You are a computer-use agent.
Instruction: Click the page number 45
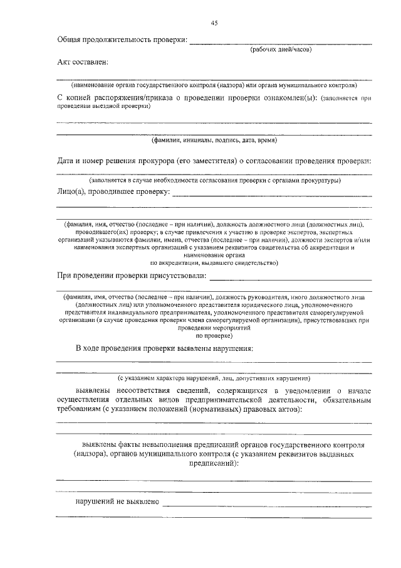pyautogui.click(x=214, y=23)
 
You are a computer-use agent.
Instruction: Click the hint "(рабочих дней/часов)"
pyautogui.click(x=281, y=48)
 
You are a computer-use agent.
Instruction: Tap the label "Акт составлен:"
pyautogui.click(x=82, y=62)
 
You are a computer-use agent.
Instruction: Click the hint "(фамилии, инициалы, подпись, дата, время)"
pyautogui.click(x=214, y=140)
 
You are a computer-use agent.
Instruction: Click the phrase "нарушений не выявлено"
pyautogui.click(x=117, y=501)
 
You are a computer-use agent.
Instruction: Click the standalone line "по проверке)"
pyautogui.click(x=214, y=336)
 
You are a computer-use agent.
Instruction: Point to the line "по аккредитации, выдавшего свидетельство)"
pyautogui.click(x=214, y=263)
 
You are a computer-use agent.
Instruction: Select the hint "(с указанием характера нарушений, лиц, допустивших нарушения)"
pyautogui.click(x=214, y=378)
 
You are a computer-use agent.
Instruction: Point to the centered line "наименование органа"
pyautogui.click(x=214, y=255)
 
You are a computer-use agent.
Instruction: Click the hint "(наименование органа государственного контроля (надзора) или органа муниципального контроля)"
pyautogui.click(x=214, y=83)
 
